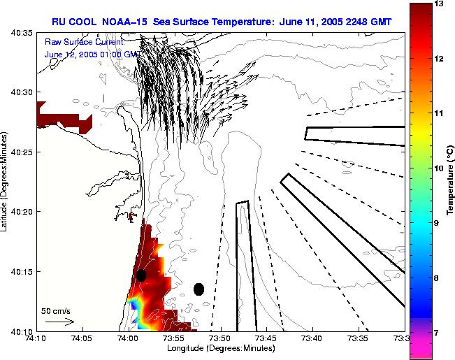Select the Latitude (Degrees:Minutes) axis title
coord(5,180)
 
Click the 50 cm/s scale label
coord(55,310)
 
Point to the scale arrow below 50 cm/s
coord(59,322)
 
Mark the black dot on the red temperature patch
coord(141,275)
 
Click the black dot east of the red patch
coord(198,289)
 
